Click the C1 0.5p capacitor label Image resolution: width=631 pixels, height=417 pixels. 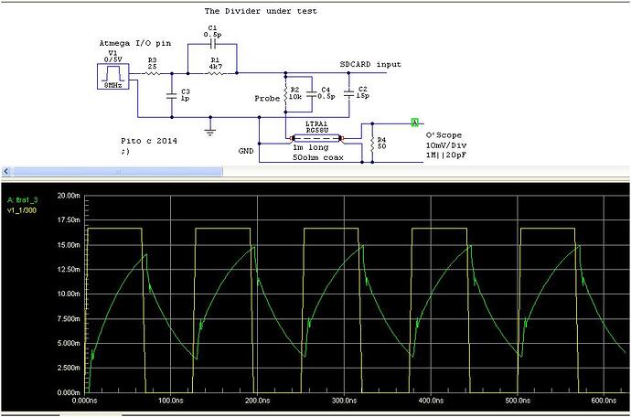click(211, 33)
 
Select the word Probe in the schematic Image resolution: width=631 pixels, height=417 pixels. click(267, 97)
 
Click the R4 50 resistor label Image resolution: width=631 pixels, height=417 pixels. click(382, 144)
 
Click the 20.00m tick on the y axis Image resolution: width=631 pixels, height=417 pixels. click(70, 196)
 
